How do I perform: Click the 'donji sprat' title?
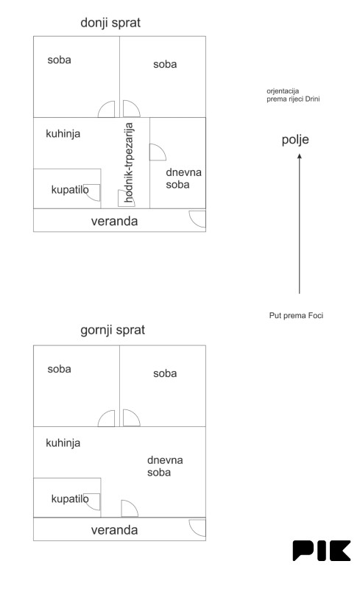[x=110, y=23]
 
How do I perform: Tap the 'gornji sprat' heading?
[x=113, y=330]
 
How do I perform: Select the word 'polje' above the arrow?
[x=295, y=140]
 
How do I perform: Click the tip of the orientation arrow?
[x=300, y=154]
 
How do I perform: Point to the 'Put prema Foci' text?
[x=296, y=316]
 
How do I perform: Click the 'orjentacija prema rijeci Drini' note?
[x=293, y=95]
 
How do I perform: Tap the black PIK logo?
[x=322, y=551]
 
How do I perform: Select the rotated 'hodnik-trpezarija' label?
[x=129, y=163]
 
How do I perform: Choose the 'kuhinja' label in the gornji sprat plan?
[x=63, y=443]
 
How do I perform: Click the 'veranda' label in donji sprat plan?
[x=114, y=221]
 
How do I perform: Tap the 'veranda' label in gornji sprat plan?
[x=114, y=530]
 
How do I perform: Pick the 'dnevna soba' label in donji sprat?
[x=184, y=178]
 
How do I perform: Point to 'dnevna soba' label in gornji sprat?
[x=165, y=466]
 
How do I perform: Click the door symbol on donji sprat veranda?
[x=197, y=219]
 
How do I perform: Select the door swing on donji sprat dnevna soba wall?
[x=158, y=152]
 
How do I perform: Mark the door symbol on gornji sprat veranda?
[x=197, y=528]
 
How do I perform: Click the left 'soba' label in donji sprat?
[x=59, y=60]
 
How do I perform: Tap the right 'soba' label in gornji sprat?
[x=165, y=373]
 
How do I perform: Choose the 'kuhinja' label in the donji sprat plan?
[x=63, y=134]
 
